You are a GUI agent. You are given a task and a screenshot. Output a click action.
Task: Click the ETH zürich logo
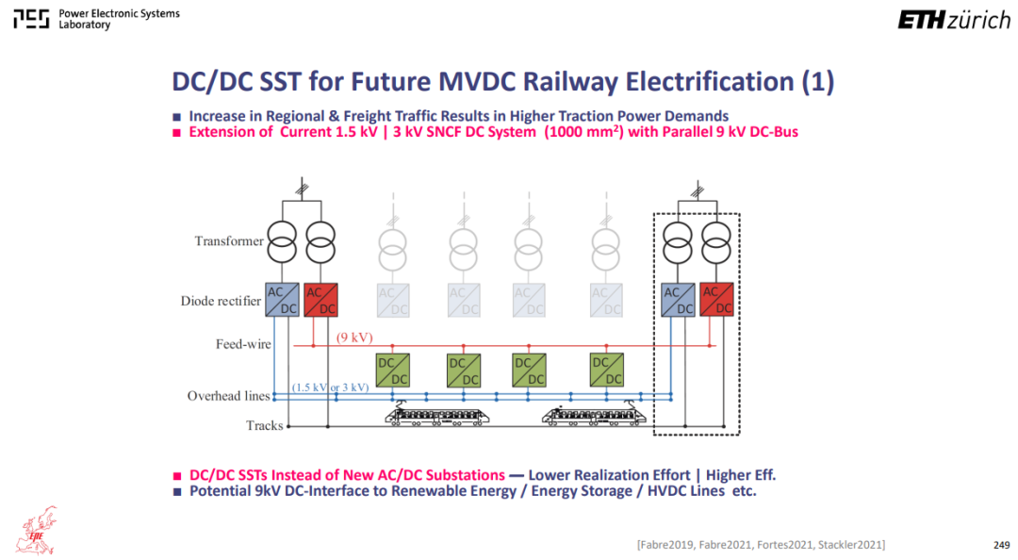[x=954, y=20]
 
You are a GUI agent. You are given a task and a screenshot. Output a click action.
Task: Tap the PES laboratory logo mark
[x=31, y=20]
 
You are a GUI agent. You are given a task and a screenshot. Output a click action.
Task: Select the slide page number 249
[x=1001, y=545]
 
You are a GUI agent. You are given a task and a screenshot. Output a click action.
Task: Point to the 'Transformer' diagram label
[x=229, y=241]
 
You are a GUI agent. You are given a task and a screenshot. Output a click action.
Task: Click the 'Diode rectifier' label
[x=221, y=301]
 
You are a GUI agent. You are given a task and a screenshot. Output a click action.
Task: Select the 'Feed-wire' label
[x=243, y=344]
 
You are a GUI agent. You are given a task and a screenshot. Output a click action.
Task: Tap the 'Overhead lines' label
[x=228, y=396]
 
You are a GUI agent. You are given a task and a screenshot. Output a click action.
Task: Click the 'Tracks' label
[x=264, y=425]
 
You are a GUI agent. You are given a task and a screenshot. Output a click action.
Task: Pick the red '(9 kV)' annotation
[x=354, y=338]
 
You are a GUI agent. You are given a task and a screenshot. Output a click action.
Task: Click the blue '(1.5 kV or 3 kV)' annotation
[x=331, y=387]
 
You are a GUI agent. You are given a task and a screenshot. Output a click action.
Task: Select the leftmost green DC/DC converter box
[x=393, y=371]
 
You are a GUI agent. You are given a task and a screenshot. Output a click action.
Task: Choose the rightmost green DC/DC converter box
[x=607, y=371]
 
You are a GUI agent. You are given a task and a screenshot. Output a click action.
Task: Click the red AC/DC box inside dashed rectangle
[x=716, y=300]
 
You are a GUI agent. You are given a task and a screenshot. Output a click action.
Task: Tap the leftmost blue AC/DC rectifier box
[x=282, y=300]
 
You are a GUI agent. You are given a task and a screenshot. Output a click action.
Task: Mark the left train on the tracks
[x=437, y=414]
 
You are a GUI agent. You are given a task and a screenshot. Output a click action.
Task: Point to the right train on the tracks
[x=594, y=414]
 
